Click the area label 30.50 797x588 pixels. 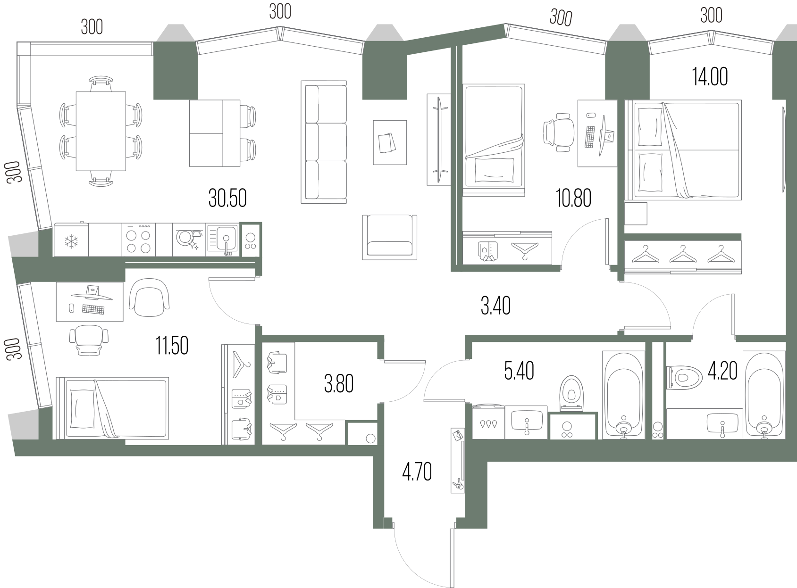[227, 198]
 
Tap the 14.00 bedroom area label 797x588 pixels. [710, 77]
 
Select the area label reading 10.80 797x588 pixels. [573, 198]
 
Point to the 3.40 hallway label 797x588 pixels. [495, 306]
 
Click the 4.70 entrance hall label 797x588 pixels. [417, 472]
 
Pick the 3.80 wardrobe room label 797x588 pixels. [338, 384]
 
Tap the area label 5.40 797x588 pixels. [519, 371]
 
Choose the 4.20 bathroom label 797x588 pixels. [722, 371]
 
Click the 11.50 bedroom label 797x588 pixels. [172, 346]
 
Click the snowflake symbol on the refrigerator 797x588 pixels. [71, 241]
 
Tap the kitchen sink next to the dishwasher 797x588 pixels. [222, 240]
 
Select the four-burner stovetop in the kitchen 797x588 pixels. [138, 240]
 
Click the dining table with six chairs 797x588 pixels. [101, 131]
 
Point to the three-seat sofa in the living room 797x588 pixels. [324, 142]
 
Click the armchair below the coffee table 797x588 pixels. [389, 237]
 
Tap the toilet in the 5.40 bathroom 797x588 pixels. [572, 393]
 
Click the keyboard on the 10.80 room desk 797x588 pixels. [590, 136]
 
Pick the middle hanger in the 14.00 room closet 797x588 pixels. [683, 254]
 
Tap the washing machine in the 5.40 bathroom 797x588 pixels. [488, 422]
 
